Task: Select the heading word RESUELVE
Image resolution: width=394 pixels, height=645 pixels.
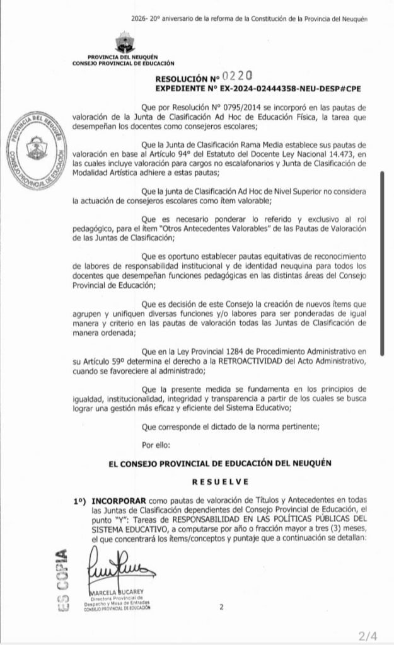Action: (x=211, y=481)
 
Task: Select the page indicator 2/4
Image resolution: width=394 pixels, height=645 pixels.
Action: (x=368, y=634)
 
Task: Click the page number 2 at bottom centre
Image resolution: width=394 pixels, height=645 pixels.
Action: (x=221, y=608)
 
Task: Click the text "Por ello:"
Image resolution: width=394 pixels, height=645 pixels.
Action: (x=156, y=445)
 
